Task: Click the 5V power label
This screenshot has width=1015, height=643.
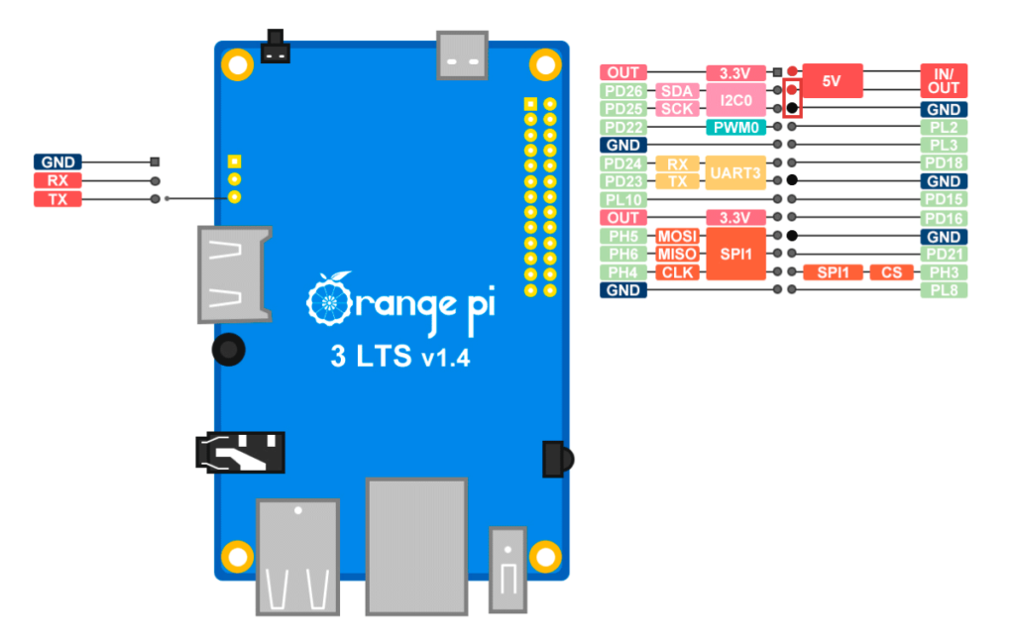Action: (833, 81)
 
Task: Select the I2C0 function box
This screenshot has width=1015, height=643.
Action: (736, 100)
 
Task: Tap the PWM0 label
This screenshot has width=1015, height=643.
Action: (736, 128)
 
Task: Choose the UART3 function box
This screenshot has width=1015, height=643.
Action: (736, 172)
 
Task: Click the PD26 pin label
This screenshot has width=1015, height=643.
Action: (623, 90)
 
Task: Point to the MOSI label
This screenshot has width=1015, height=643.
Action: (677, 236)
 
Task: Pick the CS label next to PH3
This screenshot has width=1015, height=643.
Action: (891, 272)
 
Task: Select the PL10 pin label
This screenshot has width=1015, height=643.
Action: (623, 200)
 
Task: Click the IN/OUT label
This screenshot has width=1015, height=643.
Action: (944, 81)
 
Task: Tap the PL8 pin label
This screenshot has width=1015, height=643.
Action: (944, 290)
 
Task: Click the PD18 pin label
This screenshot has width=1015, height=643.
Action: (944, 163)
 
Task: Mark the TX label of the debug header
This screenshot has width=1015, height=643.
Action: (57, 199)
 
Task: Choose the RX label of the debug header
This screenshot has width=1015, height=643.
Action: (57, 180)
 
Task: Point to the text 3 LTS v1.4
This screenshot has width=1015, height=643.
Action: (400, 357)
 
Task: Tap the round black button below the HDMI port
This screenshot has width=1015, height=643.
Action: (229, 350)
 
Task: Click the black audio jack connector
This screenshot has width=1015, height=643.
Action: (240, 452)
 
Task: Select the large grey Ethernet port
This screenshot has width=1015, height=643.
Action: (417, 547)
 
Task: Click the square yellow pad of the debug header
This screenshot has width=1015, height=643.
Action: (234, 161)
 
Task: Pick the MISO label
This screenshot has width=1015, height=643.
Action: (677, 255)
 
